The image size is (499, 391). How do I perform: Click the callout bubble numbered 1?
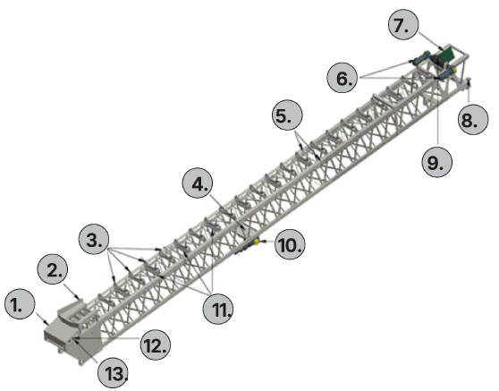20,305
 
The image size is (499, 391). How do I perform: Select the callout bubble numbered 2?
53,270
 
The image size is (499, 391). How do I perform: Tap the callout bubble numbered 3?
94,240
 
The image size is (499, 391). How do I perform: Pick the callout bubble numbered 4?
198,183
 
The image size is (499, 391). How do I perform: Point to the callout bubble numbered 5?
287,115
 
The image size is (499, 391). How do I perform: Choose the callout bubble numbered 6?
343,78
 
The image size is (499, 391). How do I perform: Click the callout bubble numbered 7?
403,24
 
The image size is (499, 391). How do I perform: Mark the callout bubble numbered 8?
472,119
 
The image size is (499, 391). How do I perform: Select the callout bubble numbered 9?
437,162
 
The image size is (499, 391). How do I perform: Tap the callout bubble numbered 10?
290,244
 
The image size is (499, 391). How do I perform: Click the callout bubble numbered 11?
218,309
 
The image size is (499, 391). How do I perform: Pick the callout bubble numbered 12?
156,344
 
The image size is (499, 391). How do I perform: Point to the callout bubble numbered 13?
113,372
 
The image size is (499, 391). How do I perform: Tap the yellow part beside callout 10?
256,242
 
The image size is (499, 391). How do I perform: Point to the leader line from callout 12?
107,337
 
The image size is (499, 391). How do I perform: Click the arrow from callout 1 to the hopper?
42,319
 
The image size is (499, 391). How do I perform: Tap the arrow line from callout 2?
72,292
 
